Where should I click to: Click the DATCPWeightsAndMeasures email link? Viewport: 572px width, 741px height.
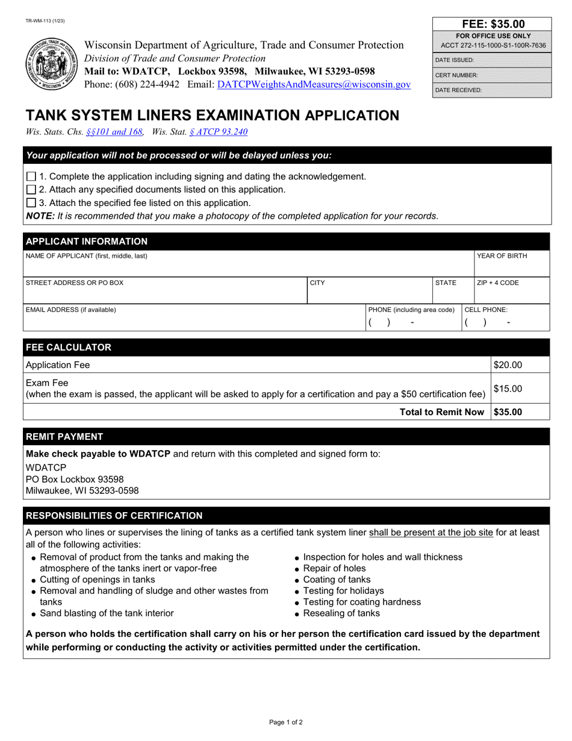tap(314, 85)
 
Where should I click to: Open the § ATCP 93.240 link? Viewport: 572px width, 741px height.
tap(218, 132)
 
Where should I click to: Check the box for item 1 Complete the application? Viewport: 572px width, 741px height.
tap(31, 177)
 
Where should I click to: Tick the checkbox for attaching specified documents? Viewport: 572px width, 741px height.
tap(31, 190)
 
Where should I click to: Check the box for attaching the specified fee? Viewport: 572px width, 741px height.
tap(31, 203)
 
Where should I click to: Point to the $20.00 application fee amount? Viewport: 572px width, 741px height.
tap(508, 364)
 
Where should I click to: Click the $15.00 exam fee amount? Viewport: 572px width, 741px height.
tap(508, 389)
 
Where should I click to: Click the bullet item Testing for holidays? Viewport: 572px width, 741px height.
tap(343, 591)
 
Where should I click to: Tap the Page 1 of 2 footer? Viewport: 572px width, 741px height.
tap(285, 722)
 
